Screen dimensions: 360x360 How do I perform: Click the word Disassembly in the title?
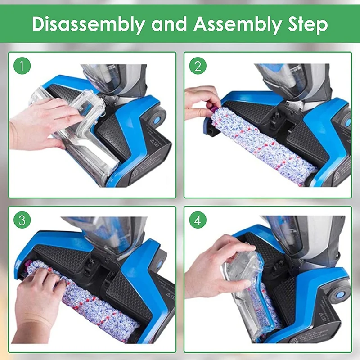87,25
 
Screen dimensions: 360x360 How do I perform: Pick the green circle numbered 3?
23,221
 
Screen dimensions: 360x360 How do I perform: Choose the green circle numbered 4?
197,221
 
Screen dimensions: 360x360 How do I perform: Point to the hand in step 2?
200,101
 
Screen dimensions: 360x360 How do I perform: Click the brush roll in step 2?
261,144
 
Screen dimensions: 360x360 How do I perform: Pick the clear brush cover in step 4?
245,292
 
